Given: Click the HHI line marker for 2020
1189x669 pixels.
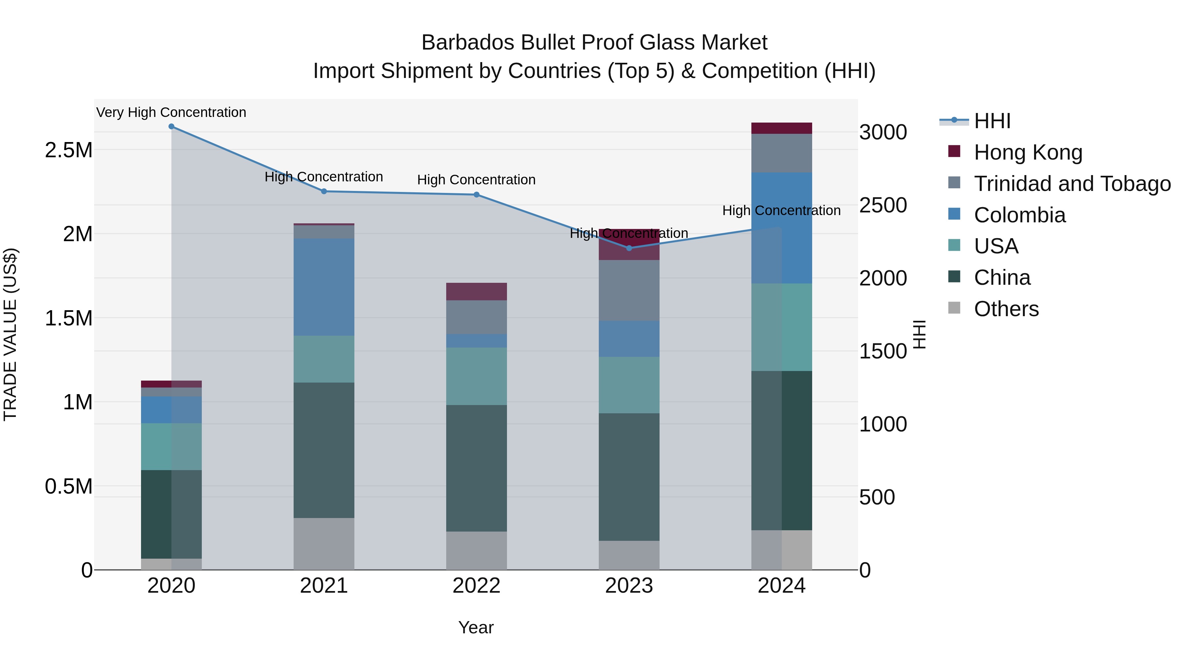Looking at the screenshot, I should [171, 127].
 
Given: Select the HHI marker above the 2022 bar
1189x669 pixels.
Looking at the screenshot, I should [476, 195].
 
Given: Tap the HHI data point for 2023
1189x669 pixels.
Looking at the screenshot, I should [629, 248].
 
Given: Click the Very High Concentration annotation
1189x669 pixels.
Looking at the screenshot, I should [171, 113].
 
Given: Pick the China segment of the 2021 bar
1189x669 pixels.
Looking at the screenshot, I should [324, 450].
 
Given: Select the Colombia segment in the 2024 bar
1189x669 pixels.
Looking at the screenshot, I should [781, 228].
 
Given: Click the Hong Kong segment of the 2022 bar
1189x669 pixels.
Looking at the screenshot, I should [476, 292].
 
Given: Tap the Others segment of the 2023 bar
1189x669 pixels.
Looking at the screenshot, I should [629, 555].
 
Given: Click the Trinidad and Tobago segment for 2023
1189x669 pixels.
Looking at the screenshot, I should [629, 290].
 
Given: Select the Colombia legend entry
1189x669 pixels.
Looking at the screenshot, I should [1019, 215].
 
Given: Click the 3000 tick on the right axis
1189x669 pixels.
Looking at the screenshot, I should [883, 132].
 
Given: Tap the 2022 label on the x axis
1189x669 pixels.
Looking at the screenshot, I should [476, 586].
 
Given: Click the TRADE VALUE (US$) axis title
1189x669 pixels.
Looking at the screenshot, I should [10, 334].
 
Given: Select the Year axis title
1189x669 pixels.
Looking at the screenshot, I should [476, 627].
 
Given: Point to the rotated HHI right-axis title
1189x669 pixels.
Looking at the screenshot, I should [919, 334].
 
